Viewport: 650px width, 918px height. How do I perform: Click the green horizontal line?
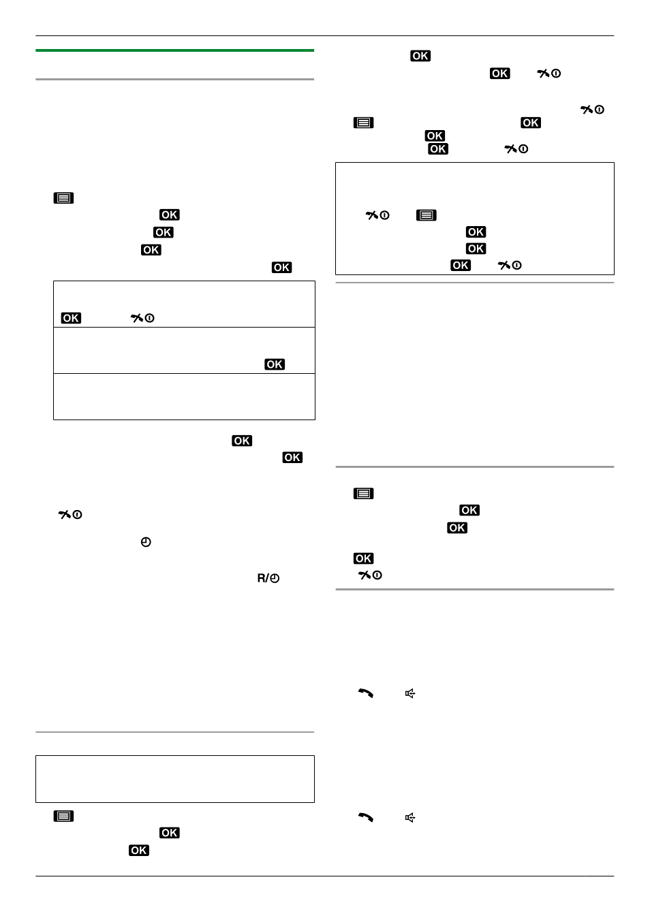click(x=174, y=50)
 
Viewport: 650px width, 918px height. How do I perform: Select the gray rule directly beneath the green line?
click(x=174, y=79)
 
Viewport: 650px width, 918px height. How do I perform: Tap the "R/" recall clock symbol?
click(x=268, y=578)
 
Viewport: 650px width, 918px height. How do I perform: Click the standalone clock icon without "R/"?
click(x=146, y=542)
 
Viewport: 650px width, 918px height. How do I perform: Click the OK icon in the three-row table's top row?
click(x=71, y=318)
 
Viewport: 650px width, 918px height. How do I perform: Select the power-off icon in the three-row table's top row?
click(x=142, y=318)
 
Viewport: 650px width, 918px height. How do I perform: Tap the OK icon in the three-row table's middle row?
click(x=275, y=364)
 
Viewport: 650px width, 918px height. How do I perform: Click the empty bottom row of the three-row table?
click(x=184, y=396)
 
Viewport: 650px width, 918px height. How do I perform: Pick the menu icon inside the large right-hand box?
click(x=426, y=215)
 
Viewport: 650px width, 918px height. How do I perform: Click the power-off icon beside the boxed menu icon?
click(x=377, y=215)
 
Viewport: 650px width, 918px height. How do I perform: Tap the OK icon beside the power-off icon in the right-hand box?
click(x=461, y=265)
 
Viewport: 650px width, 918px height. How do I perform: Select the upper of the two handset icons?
click(x=366, y=693)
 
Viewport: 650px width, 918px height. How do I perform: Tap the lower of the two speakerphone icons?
click(x=410, y=817)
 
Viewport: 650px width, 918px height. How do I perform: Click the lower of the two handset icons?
click(x=366, y=817)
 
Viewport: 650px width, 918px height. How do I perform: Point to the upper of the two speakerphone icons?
click(x=410, y=693)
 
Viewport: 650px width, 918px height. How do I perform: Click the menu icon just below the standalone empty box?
click(x=63, y=816)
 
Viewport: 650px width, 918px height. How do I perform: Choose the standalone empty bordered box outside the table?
click(x=175, y=778)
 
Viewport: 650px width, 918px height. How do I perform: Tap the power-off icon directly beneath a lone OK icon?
click(x=370, y=575)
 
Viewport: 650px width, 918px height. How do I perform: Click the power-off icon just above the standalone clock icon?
click(x=70, y=514)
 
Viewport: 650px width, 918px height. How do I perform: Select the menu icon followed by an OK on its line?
click(x=363, y=123)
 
